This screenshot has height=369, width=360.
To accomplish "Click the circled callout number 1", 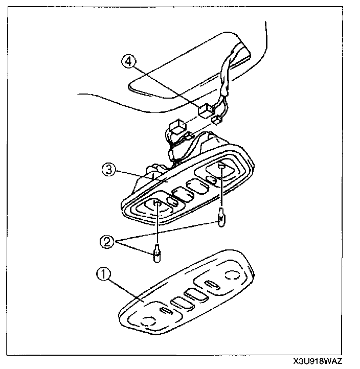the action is tap(103, 275).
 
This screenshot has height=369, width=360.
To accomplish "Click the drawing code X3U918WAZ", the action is tap(320, 361).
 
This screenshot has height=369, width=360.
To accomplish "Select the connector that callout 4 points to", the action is tap(206, 109).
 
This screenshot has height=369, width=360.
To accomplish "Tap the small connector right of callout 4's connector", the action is tap(217, 119).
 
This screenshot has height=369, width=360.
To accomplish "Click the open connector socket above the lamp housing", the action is tap(177, 126).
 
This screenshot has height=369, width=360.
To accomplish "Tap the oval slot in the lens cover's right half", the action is tap(212, 284).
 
